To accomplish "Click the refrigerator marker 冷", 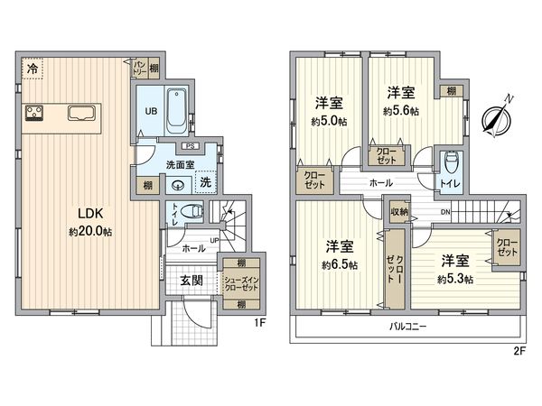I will pos(33,68).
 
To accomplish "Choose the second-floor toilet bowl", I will pos(450,163).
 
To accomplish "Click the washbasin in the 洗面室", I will pos(178,186).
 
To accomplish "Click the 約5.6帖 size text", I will pos(399,112).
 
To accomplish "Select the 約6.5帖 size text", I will pos(339,265).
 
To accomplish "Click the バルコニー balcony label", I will pos(408,325).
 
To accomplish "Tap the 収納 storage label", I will pos(399,212).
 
